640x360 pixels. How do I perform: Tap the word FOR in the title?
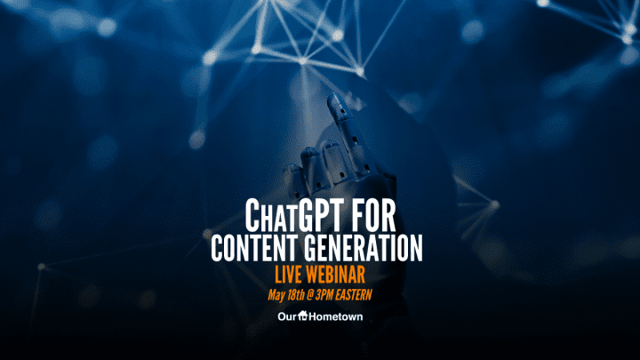[375, 215]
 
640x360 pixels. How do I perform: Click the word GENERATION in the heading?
[364, 248]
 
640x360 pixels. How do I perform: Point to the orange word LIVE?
[289, 274]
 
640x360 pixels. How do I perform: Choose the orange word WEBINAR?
[336, 274]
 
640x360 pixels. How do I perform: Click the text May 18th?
[286, 295]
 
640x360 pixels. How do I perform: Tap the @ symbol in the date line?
[310, 295]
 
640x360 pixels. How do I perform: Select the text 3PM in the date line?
[324, 295]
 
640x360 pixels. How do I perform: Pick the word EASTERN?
[354, 295]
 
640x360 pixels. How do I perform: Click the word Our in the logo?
[287, 316]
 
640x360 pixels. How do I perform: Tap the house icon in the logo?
[303, 315]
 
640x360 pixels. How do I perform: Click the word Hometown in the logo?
[336, 316]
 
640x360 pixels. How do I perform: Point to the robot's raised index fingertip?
[334, 100]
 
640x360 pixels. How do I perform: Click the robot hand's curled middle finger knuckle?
[331, 146]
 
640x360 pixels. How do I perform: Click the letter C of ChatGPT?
[252, 215]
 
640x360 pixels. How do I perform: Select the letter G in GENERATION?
[312, 248]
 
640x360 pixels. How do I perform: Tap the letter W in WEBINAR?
[315, 274]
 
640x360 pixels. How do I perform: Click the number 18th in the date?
[295, 295]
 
